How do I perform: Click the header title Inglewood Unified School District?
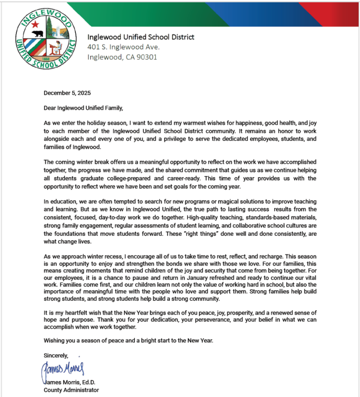[x=141, y=37]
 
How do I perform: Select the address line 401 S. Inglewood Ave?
[x=123, y=47]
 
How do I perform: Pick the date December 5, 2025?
[x=67, y=93]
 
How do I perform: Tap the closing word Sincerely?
[x=56, y=356]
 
